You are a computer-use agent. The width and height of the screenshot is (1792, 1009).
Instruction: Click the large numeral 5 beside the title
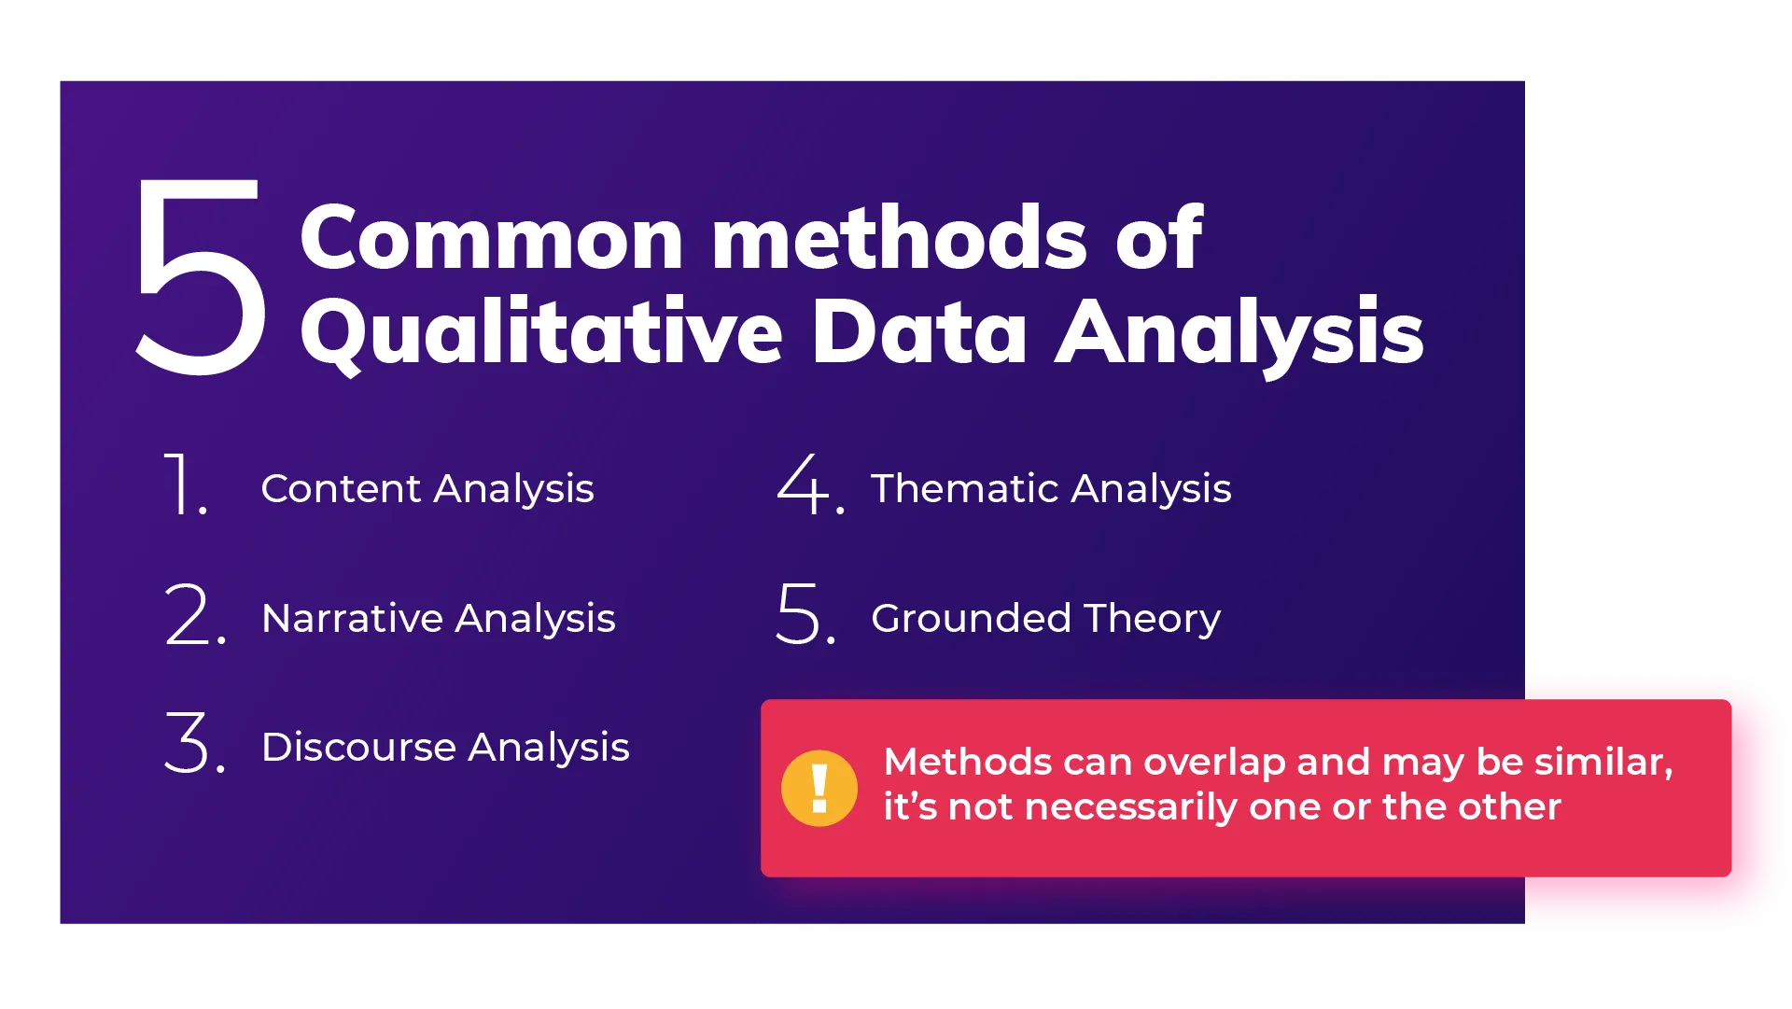pos(201,277)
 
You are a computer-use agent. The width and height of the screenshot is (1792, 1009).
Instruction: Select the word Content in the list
pos(341,489)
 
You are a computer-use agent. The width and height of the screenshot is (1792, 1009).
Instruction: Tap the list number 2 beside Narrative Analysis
pos(189,614)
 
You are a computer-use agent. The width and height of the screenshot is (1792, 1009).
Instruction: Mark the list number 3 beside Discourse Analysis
pos(189,743)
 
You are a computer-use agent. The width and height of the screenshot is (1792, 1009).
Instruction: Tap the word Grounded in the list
pos(971,619)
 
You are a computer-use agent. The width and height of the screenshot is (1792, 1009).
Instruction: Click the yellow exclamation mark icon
pos(819,789)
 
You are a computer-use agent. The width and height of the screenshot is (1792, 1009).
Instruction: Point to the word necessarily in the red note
pos(1130,807)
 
